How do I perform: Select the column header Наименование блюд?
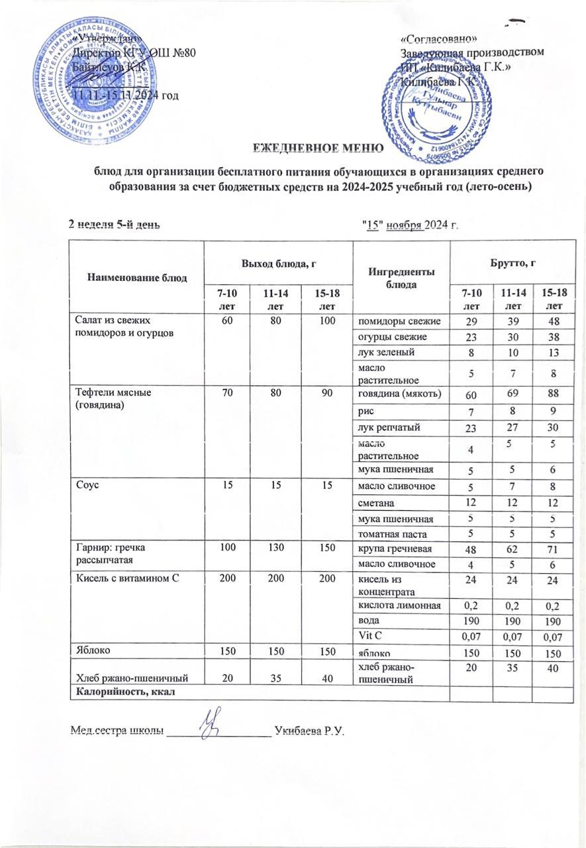pyautogui.click(x=132, y=276)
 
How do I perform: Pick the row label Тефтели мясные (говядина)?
pyautogui.click(x=113, y=397)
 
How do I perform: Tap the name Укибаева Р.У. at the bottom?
pyautogui.click(x=311, y=731)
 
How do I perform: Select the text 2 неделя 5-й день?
pyautogui.click(x=115, y=224)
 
